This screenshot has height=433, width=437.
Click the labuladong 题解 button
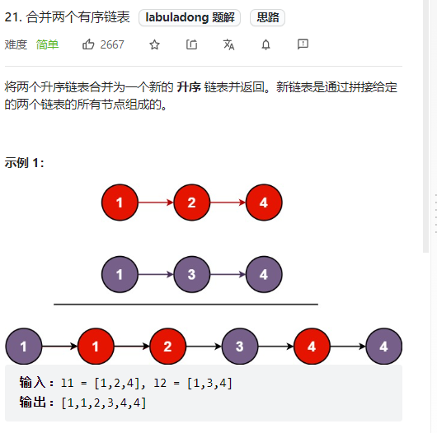(x=190, y=17)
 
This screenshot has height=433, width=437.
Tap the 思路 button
(x=267, y=17)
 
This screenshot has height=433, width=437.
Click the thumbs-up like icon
(x=88, y=44)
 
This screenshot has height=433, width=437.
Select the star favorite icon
(x=154, y=44)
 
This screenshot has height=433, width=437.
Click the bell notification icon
(x=265, y=44)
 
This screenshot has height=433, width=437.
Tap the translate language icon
(x=229, y=44)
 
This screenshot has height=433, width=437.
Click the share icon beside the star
(x=192, y=44)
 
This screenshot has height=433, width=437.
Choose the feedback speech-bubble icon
(x=303, y=44)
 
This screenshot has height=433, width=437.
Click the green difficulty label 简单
(x=47, y=44)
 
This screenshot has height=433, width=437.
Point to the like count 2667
(x=112, y=44)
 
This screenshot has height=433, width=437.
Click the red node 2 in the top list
(x=192, y=203)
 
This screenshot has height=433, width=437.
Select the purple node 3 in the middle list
(x=192, y=274)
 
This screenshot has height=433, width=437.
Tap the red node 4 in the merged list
(x=312, y=347)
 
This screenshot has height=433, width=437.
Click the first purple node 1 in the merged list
(x=24, y=347)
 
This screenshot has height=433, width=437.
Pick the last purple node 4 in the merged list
(x=383, y=347)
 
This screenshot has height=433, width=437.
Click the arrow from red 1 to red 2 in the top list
(x=156, y=203)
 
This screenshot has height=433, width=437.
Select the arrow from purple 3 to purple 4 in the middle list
(x=228, y=274)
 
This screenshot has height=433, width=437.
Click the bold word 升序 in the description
(x=189, y=87)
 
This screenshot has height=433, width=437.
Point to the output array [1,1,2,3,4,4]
(x=103, y=403)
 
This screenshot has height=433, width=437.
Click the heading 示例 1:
(x=24, y=162)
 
